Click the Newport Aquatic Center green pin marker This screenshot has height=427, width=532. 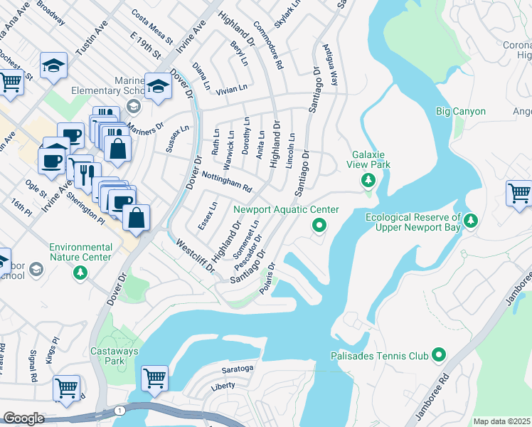[319, 226]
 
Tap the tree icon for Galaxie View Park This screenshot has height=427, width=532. [368, 181]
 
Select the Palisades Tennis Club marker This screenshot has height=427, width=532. [438, 354]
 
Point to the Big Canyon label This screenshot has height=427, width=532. [460, 112]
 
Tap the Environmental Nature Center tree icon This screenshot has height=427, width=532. [80, 272]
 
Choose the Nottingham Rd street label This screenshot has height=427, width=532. [227, 182]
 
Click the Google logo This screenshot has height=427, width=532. [23, 418]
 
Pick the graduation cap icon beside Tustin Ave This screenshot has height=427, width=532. [53, 65]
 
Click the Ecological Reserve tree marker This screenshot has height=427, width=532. [470, 222]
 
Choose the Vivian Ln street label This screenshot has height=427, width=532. [230, 90]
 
